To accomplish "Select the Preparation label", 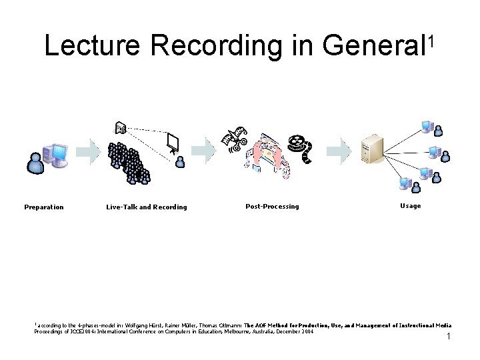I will [44, 207].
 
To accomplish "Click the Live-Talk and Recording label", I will [147, 207].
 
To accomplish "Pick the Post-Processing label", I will [272, 206].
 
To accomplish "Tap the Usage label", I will [410, 205].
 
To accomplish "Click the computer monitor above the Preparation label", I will [57, 154].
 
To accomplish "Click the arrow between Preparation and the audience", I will [87, 151].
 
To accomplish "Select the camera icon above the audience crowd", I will [121, 128].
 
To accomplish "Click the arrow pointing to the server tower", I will [341, 151].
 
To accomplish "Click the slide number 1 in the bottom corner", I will [449, 337].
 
